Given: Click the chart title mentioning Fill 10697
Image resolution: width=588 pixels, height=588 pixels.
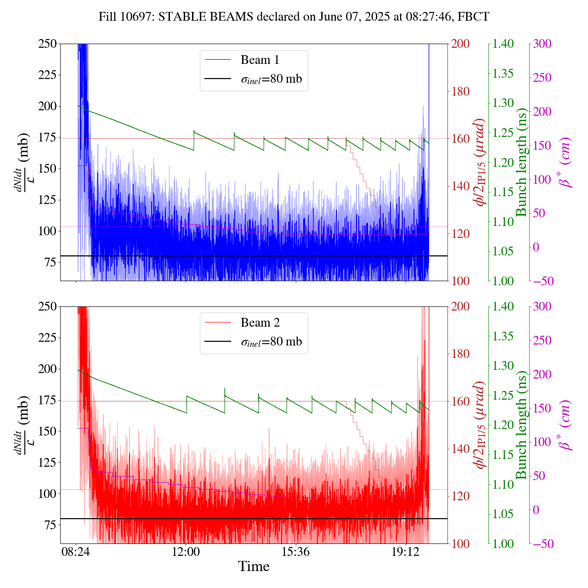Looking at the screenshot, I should click(294, 17).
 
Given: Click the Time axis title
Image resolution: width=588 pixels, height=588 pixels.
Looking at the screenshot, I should click(254, 566).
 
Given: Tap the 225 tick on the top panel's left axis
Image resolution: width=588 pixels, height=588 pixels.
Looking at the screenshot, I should click(47, 75).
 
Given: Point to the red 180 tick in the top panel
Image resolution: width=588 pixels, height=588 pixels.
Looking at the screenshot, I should click(461, 91).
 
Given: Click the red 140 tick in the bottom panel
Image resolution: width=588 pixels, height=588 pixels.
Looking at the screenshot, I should click(461, 449).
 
